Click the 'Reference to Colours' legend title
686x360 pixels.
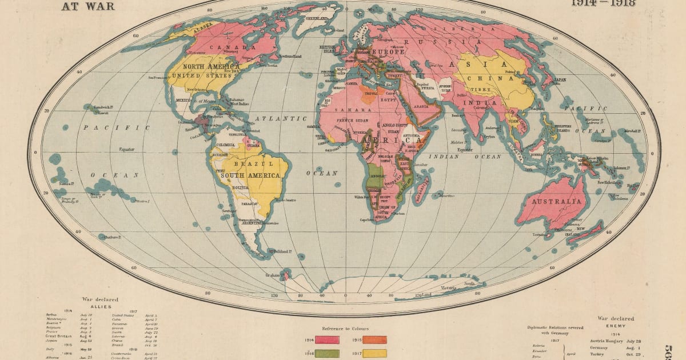click(345, 329)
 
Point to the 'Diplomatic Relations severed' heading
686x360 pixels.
click(555, 328)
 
